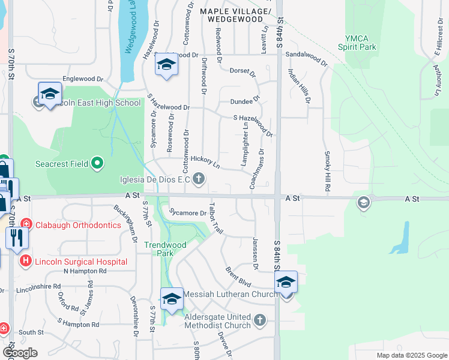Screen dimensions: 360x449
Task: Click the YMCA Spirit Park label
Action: tap(357, 42)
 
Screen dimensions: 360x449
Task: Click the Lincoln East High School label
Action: tap(95, 103)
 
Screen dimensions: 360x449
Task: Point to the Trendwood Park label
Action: tap(165, 249)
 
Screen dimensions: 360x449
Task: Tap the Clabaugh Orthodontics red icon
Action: tap(25, 225)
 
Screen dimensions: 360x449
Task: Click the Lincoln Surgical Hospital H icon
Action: tap(25, 261)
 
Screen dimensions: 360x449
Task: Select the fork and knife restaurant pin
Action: tap(17, 238)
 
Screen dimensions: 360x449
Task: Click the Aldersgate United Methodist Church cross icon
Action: tap(260, 320)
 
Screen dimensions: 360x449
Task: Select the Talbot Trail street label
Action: tap(215, 221)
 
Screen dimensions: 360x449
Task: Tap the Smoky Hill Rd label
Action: tap(328, 170)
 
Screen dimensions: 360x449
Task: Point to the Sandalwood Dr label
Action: tap(306, 57)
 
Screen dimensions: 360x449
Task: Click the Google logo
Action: tap(20, 353)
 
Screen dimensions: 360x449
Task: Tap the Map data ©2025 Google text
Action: tap(411, 355)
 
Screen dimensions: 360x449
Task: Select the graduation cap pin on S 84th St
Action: tap(286, 282)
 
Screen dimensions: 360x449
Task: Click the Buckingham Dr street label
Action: tap(126, 221)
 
